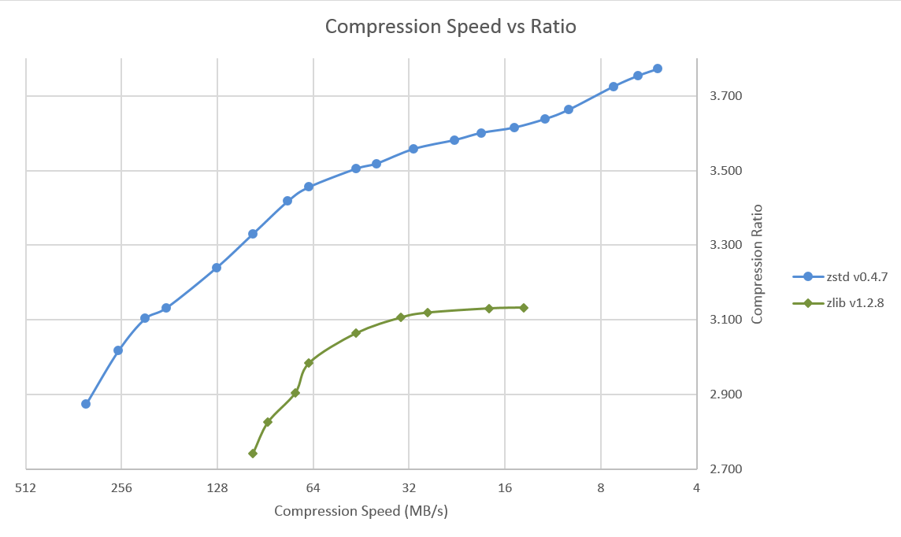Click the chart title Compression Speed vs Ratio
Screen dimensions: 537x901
450,27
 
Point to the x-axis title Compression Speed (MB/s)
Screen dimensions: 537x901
361,511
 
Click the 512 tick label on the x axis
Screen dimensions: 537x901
26,488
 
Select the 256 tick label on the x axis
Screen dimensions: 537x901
121,488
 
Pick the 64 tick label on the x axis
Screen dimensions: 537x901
313,488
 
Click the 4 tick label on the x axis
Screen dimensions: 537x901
696,488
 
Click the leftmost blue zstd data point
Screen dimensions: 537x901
86,404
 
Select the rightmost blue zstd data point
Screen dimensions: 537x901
658,69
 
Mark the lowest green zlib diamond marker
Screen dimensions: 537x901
253,454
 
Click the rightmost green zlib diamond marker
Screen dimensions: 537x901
524,308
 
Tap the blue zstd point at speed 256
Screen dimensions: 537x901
118,350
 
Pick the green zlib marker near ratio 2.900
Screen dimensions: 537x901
295,393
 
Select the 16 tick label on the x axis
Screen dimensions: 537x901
505,488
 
